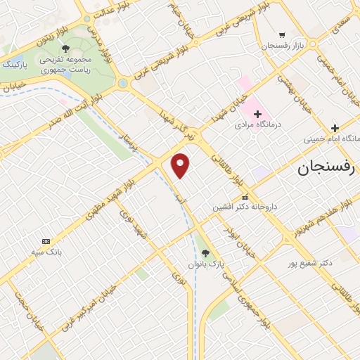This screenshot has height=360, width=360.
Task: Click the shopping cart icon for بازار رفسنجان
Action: pyautogui.click(x=282, y=34)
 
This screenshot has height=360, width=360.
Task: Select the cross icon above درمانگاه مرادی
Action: pyautogui.click(x=257, y=114)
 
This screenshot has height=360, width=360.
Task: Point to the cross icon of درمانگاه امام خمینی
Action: pyautogui.click(x=335, y=128)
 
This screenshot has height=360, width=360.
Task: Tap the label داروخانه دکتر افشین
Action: pyautogui.click(x=245, y=207)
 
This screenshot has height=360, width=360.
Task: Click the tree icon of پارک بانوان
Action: pyautogui.click(x=205, y=252)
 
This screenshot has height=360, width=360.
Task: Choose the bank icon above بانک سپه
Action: pyautogui.click(x=46, y=241)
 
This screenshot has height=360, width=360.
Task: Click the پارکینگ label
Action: pyautogui.click(x=19, y=64)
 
